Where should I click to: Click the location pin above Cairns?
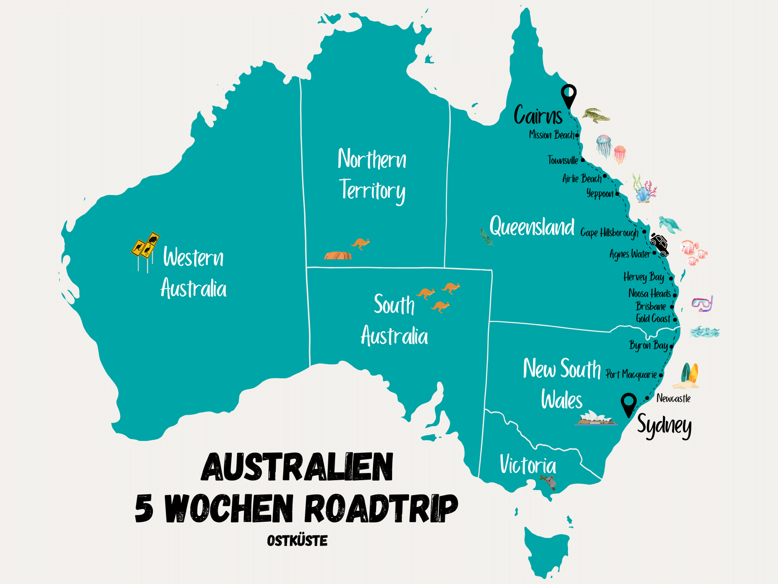[568, 95]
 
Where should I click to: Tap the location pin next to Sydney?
[628, 404]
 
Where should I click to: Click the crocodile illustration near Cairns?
[596, 116]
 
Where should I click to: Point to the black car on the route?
[660, 244]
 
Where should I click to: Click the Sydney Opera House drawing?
[595, 418]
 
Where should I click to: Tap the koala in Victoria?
[550, 482]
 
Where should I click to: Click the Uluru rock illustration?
[338, 255]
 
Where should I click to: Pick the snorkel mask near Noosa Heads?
[702, 304]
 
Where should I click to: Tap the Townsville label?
[562, 160]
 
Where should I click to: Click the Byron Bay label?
[648, 345]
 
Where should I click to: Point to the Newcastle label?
[673, 398]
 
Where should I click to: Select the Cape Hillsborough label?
[609, 233]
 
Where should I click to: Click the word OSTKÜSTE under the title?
[297, 540]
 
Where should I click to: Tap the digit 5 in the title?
[144, 508]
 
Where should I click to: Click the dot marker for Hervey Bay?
[671, 278]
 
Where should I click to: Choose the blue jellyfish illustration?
[604, 145]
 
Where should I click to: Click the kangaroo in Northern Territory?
[361, 244]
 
